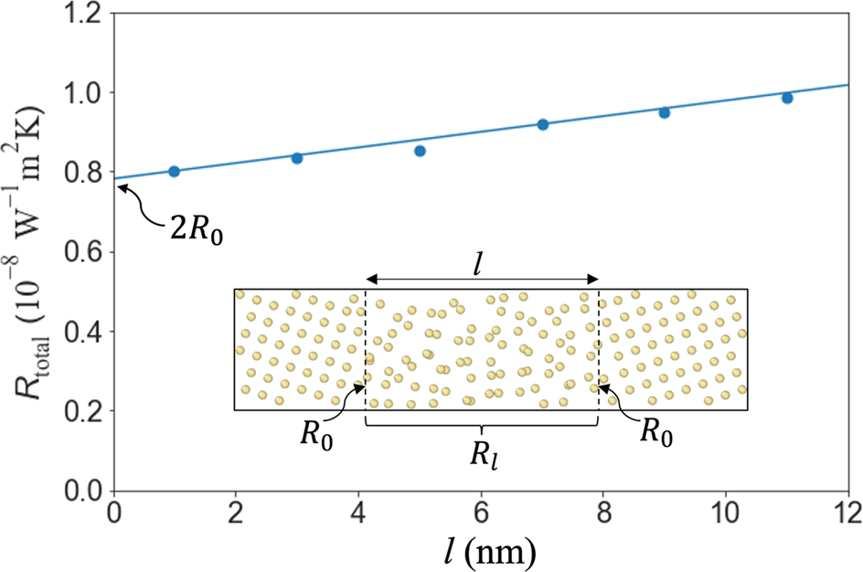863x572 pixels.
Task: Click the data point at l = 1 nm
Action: coord(175,172)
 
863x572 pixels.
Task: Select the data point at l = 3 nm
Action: coord(297,158)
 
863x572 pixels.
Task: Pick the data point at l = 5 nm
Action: coord(420,151)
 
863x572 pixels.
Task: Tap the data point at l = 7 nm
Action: coord(542,124)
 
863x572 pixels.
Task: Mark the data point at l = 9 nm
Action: coord(665,112)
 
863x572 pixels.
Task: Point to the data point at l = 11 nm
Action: coord(787,98)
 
